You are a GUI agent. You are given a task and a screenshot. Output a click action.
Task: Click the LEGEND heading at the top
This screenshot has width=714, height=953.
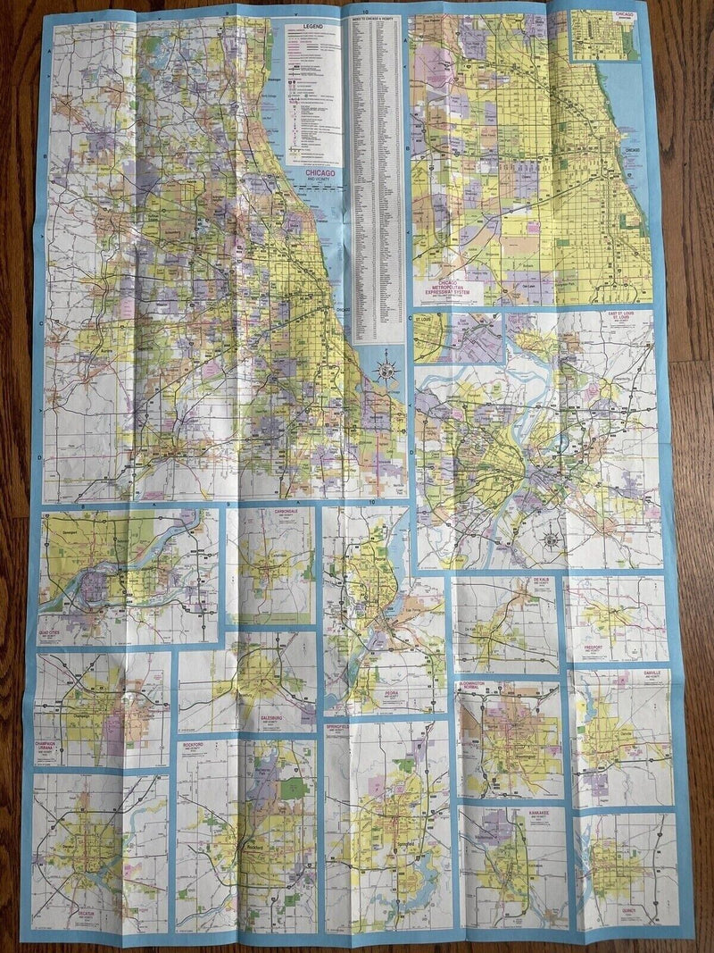click(x=311, y=26)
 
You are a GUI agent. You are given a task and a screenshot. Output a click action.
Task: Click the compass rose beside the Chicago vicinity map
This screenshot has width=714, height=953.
click(x=386, y=370)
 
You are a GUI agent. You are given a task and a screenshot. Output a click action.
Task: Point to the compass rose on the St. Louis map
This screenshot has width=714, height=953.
click(x=551, y=539)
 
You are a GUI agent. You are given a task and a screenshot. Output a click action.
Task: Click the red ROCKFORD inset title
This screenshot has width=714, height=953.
click(x=197, y=744)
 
